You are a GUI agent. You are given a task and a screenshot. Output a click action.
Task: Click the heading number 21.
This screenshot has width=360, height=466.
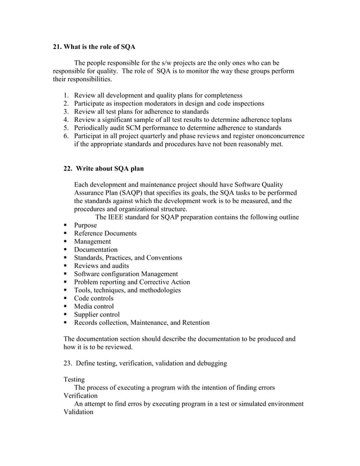pos(58,47)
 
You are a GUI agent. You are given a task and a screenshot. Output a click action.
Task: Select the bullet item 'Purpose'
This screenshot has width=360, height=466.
pos(86,225)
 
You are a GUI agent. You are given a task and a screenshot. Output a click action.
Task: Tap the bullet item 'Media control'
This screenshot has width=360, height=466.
pos(94,306)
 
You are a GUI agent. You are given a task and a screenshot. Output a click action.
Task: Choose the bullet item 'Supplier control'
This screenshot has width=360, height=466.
pos(97,315)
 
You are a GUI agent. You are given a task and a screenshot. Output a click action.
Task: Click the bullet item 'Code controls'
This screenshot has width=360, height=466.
pos(94,298)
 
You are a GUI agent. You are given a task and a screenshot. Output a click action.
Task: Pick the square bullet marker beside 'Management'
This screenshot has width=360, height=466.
pos(66,241)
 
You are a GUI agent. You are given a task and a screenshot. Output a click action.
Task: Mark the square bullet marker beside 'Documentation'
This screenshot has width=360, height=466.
pos(66,250)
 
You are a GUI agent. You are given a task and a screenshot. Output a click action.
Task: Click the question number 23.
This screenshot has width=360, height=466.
pos(68,363)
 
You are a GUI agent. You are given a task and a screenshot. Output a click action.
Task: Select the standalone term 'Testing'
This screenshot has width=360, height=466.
pos(74,380)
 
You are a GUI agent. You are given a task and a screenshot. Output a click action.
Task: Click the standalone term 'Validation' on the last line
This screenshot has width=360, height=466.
pos(80,412)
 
